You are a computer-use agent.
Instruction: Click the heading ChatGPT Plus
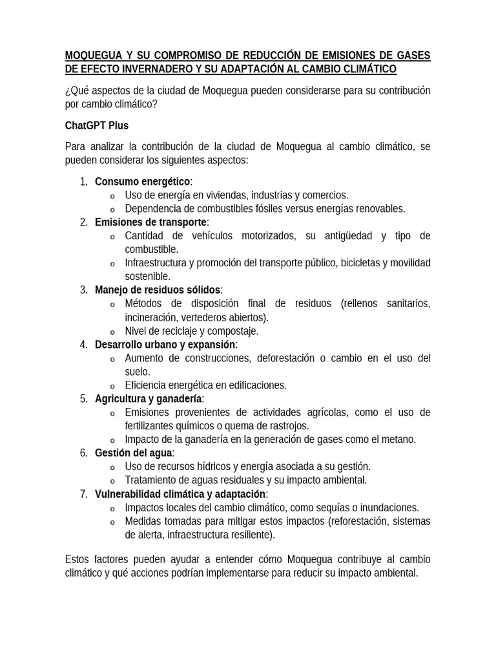[x=97, y=125]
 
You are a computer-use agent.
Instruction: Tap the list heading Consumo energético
[x=142, y=181]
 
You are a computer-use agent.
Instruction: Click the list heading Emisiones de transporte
[x=150, y=222]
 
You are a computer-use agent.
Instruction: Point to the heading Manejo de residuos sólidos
[x=158, y=290]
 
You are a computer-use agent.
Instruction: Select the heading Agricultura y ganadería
[x=148, y=398]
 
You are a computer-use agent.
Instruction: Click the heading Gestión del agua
[x=133, y=453]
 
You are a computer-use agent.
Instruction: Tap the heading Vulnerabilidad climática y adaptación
[x=180, y=494]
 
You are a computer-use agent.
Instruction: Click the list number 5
[x=83, y=398]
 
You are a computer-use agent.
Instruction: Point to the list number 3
[x=83, y=290]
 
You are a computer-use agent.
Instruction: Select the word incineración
[x=152, y=317]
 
